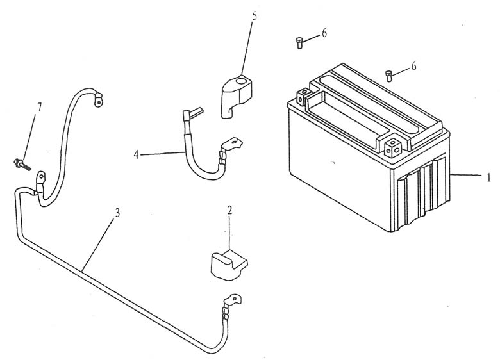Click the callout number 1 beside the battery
tap(489, 177)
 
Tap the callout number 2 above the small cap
tap(230, 210)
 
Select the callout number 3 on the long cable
tap(117, 213)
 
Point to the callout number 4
tap(137, 155)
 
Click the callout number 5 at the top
tap(254, 16)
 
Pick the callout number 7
tap(40, 107)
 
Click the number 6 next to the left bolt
tap(324, 33)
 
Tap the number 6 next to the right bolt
tap(413, 66)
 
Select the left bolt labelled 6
tap(299, 43)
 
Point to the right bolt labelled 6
tap(388, 76)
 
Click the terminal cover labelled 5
tap(237, 96)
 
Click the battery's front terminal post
tap(392, 147)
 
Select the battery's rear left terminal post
tap(304, 96)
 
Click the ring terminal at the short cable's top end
tap(97, 99)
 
